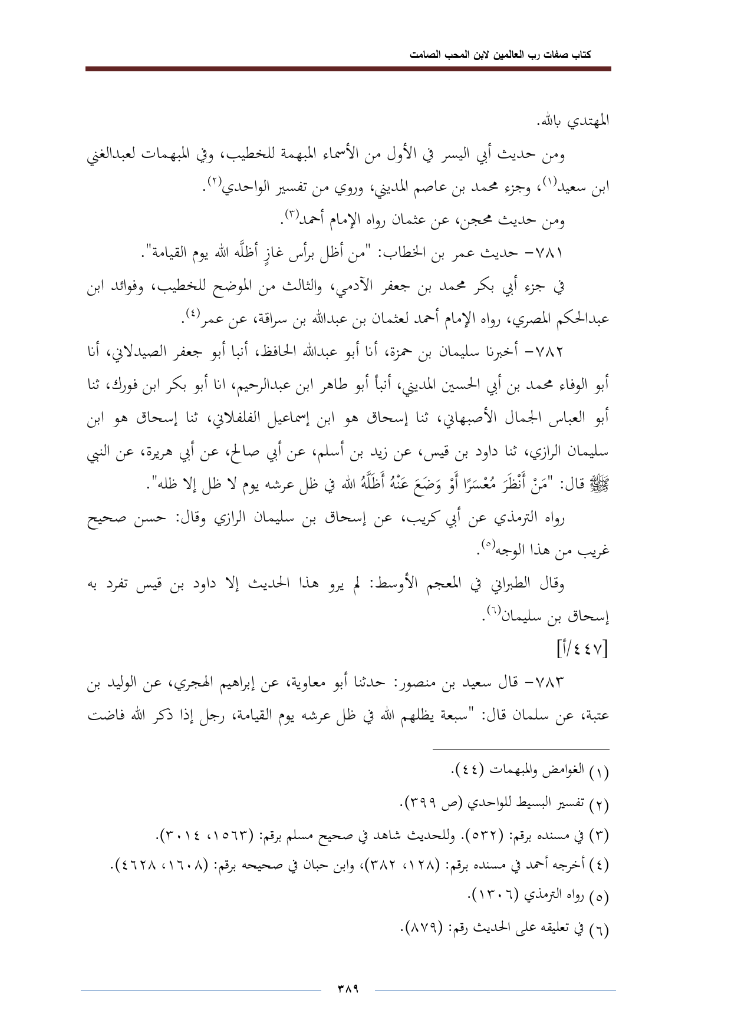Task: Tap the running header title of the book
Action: click(x=501, y=55)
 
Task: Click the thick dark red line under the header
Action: click(x=348, y=70)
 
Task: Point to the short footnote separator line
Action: click(x=521, y=749)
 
